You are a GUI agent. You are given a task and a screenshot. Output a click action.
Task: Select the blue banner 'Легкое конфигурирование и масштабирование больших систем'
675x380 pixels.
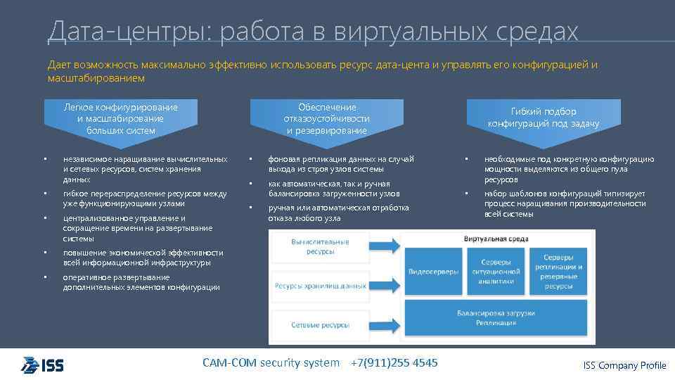click(x=121, y=118)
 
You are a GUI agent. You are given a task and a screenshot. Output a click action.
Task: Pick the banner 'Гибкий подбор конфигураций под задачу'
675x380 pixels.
click(x=544, y=117)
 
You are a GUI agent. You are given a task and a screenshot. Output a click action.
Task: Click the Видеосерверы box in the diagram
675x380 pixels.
click(x=434, y=271)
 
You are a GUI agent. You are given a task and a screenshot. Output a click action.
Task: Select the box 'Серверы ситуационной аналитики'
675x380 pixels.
click(x=496, y=271)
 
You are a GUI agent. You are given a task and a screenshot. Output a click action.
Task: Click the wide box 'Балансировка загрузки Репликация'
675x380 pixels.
click(x=496, y=317)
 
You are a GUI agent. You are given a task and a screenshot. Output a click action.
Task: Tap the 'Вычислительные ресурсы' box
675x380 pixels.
click(x=319, y=247)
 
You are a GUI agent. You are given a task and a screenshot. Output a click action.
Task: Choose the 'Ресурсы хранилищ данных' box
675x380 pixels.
click(x=319, y=286)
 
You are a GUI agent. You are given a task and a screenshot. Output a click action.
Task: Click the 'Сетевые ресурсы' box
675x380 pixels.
click(x=319, y=324)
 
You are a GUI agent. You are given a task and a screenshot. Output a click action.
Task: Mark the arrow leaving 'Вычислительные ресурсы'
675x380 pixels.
click(x=386, y=247)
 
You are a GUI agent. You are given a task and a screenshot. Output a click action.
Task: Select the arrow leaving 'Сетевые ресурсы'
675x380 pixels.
click(x=386, y=324)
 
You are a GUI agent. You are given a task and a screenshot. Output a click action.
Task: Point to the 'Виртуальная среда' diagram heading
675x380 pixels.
click(x=495, y=239)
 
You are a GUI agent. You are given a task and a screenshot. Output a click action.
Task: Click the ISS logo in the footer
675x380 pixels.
click(x=42, y=365)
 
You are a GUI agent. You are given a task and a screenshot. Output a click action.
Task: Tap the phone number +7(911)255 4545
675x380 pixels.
click(x=394, y=362)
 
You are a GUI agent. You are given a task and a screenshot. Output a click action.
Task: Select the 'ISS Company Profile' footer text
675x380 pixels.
click(x=624, y=365)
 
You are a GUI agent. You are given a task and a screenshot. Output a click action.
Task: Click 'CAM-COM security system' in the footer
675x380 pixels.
click(x=271, y=362)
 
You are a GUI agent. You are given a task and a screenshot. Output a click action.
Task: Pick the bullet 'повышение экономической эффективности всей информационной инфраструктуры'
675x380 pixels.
click(x=143, y=258)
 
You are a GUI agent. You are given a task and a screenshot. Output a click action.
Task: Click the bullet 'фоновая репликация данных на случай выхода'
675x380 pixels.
click(x=340, y=164)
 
